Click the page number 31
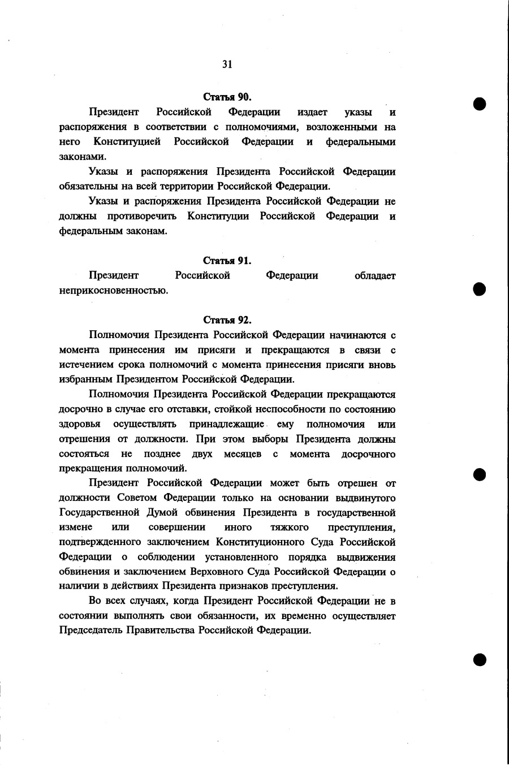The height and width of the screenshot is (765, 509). [x=227, y=64]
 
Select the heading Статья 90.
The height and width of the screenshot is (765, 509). [x=227, y=97]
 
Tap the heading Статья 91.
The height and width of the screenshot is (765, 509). [x=227, y=261]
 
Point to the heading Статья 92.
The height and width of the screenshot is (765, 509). [x=227, y=320]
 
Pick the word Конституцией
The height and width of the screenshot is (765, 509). [x=127, y=141]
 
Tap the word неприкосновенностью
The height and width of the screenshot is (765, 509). [x=114, y=291]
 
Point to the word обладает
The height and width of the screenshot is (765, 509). [x=375, y=276]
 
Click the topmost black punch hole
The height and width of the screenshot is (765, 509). [x=480, y=104]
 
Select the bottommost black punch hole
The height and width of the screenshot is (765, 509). [x=480, y=659]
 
